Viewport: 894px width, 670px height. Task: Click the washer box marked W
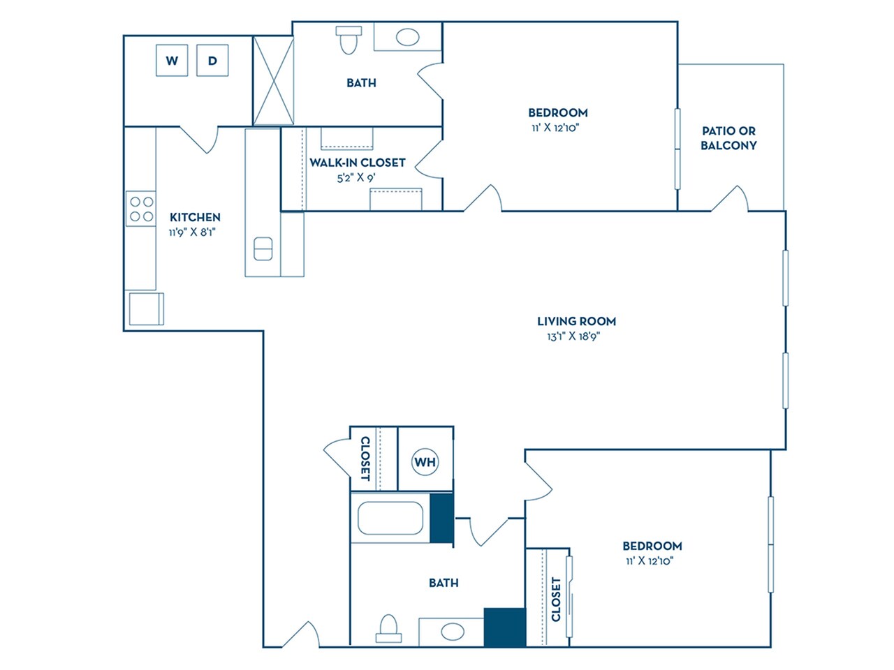pos(172,61)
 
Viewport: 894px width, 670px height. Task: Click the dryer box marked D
pos(212,61)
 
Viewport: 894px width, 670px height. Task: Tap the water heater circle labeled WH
pos(425,462)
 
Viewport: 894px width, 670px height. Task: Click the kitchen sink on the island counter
pos(263,248)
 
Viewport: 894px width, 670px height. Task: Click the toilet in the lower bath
pos(388,628)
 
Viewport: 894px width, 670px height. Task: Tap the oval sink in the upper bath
pos(407,37)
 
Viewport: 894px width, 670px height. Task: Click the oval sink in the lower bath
pos(452,632)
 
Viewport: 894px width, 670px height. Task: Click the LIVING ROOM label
pos(576,321)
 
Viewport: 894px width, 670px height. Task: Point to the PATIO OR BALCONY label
pos(728,138)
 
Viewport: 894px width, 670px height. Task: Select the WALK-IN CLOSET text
pos(358,163)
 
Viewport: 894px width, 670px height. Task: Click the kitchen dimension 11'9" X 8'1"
pos(192,232)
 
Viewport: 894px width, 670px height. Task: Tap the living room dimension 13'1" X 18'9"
pos(573,336)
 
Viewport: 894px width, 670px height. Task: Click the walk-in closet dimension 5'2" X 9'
pos(356,178)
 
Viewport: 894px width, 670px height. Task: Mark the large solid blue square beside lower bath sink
pos(504,627)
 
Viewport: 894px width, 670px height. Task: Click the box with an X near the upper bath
pos(273,80)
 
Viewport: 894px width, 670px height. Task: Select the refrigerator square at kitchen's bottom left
pos(146,308)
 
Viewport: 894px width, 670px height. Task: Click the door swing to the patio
pos(731,199)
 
